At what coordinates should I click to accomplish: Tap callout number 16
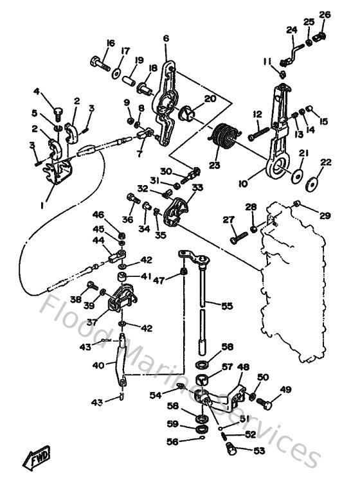click(109, 43)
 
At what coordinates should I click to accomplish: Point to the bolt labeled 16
click(98, 64)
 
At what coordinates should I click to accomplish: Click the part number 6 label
click(166, 39)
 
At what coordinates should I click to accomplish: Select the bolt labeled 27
click(237, 238)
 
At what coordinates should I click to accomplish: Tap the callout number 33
click(197, 188)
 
